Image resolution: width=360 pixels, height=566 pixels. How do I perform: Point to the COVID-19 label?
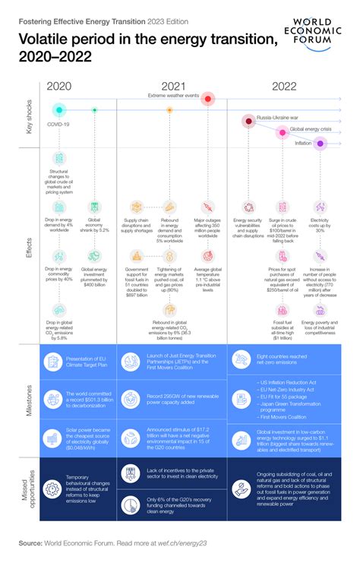tap(59, 123)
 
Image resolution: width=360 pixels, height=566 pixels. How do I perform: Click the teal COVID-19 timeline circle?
tap(59, 110)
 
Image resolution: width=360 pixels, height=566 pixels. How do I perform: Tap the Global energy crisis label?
tap(310, 131)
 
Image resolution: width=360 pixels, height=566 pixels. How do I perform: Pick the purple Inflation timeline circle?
tap(321, 143)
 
